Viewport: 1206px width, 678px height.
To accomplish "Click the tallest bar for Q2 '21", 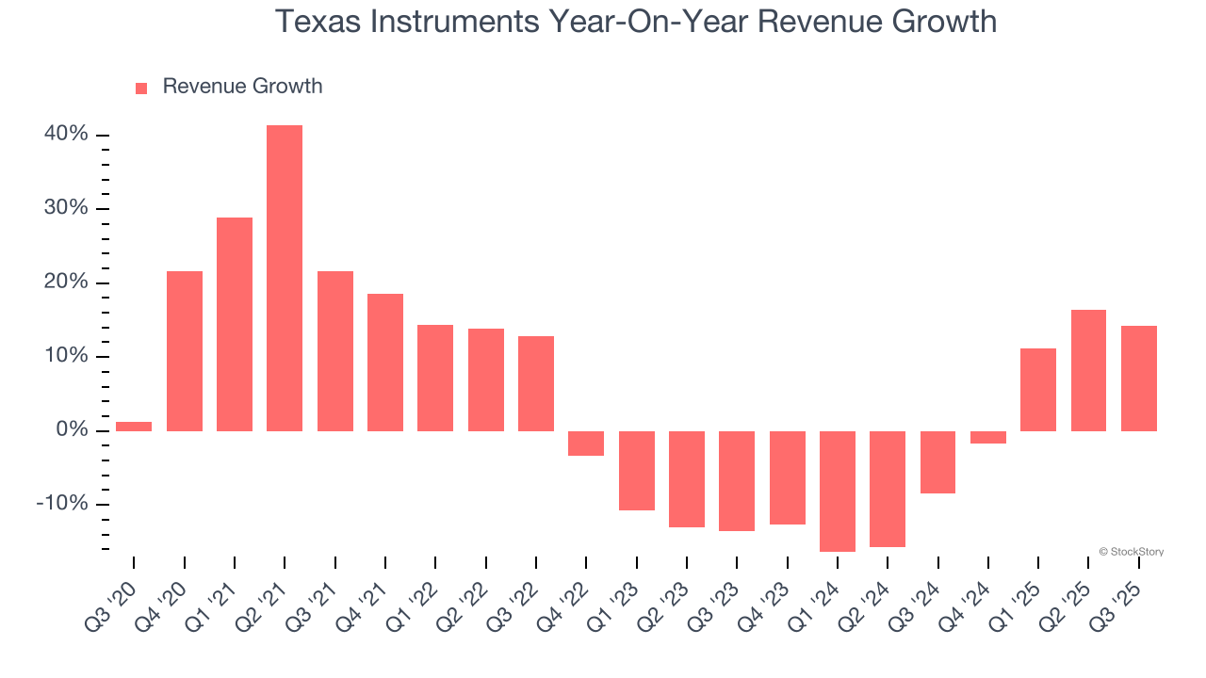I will click(x=285, y=278).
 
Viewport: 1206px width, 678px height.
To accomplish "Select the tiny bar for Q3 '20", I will click(x=134, y=427).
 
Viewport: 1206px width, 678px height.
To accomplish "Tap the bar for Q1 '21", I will click(x=235, y=324).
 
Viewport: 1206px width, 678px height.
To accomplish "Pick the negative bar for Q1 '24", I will click(x=838, y=491).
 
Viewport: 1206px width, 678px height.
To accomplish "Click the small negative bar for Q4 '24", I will click(x=988, y=437).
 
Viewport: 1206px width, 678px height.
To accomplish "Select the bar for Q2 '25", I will click(x=1088, y=370).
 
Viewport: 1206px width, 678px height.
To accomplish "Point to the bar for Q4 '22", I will click(x=586, y=444).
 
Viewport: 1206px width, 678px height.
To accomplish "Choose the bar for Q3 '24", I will click(x=937, y=461).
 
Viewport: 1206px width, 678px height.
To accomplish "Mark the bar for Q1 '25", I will click(x=1038, y=390).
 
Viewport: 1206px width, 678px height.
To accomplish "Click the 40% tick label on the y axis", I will click(x=66, y=135).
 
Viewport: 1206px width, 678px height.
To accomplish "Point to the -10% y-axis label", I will click(x=61, y=504).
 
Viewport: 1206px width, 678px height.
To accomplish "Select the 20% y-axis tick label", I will click(x=66, y=282).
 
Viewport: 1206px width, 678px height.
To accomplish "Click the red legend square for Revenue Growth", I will click(x=141, y=88).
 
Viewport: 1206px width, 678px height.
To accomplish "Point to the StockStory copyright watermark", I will click(x=1131, y=552).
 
